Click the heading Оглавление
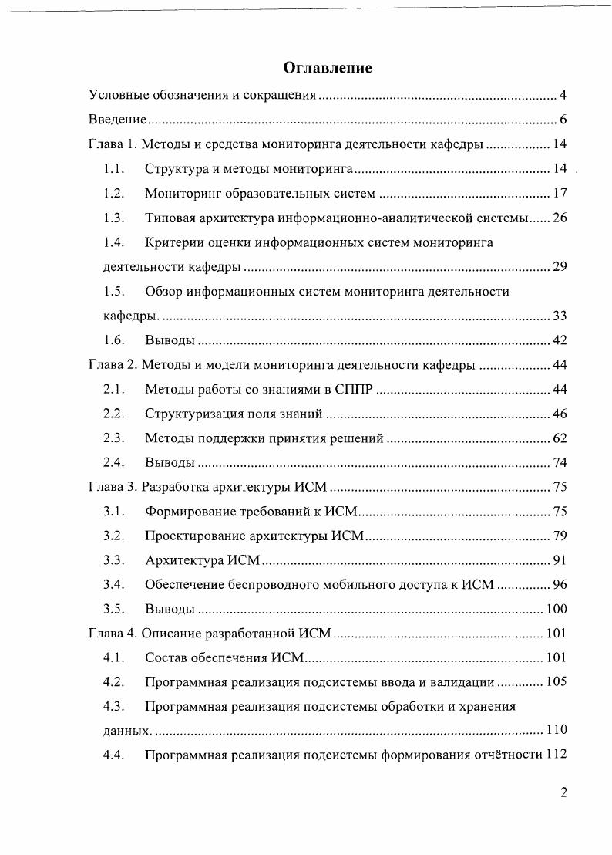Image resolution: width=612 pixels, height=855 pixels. [328, 68]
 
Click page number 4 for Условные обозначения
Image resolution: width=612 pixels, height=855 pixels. [563, 96]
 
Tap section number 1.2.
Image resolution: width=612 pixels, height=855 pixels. [114, 193]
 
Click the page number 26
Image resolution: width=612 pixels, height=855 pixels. [560, 218]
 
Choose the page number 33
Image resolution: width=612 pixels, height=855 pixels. [560, 316]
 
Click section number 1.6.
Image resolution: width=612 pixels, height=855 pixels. [114, 340]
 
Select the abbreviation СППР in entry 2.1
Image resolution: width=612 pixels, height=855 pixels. [354, 389]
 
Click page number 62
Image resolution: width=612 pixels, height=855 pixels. [560, 438]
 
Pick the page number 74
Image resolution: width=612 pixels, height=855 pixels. [560, 462]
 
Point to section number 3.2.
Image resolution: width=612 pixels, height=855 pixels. [114, 536]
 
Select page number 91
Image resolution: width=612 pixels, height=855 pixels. [560, 560]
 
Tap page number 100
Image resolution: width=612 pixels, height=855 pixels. [557, 609]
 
